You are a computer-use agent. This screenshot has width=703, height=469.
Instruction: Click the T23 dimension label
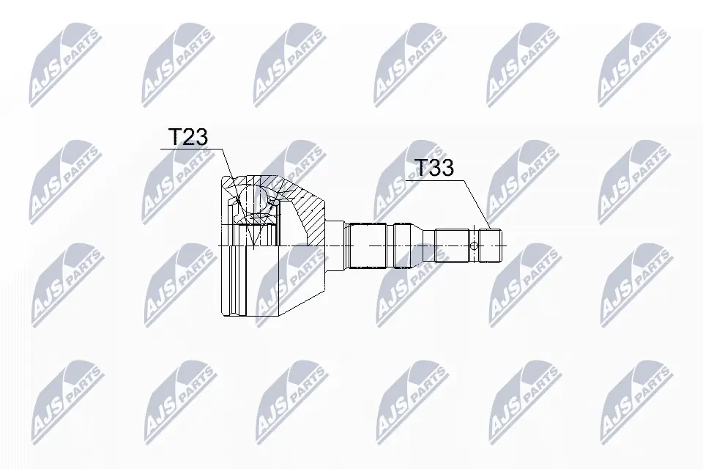pyautogui.click(x=188, y=137)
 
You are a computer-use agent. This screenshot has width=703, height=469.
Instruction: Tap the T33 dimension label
pyautogui.click(x=434, y=168)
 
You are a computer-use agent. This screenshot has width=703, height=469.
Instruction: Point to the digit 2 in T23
pyautogui.click(x=188, y=137)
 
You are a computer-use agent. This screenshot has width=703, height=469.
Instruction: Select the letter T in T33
pyautogui.click(x=420, y=168)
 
